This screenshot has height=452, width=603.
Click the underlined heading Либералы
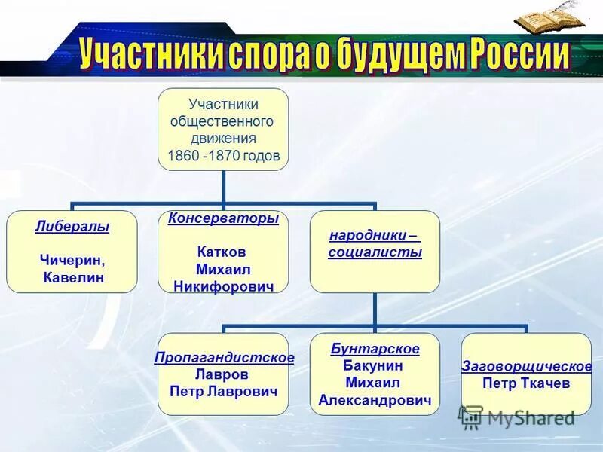click(72, 227)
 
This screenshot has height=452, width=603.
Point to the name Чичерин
click(72, 260)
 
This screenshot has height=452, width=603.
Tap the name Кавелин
click(74, 279)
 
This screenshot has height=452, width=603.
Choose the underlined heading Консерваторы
click(223, 218)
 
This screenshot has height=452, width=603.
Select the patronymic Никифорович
click(223, 286)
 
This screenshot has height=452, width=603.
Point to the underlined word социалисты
click(375, 253)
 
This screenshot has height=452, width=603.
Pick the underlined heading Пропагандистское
click(224, 357)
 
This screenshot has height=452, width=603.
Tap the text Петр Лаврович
click(224, 392)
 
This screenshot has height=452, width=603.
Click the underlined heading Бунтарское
click(375, 349)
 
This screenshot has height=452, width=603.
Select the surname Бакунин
click(375, 366)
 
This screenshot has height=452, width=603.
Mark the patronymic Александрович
click(375, 401)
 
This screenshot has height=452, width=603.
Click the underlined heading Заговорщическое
click(526, 366)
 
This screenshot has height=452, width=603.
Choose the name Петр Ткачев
click(526, 383)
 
